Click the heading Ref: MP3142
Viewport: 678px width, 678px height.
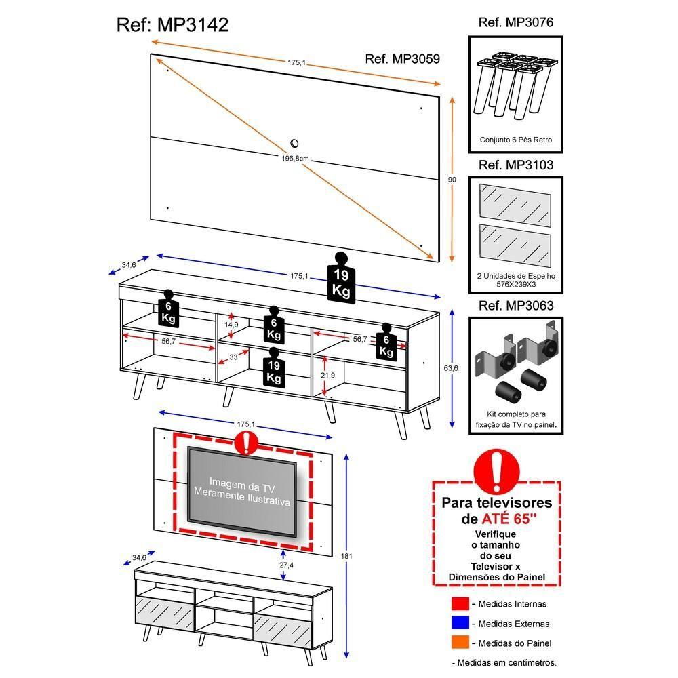[172, 25]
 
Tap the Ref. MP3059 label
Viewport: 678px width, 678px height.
[402, 59]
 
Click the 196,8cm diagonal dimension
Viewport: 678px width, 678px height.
[296, 158]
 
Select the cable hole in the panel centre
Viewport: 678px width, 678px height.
[295, 143]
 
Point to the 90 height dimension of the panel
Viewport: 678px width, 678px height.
[452, 180]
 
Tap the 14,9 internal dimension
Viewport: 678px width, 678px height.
[232, 325]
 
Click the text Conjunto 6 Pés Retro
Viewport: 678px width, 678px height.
[516, 140]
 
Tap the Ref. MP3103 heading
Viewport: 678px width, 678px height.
[515, 165]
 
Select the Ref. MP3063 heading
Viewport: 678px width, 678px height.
[515, 306]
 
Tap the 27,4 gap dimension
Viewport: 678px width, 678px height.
[285, 565]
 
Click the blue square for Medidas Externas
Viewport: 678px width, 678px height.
[460, 624]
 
